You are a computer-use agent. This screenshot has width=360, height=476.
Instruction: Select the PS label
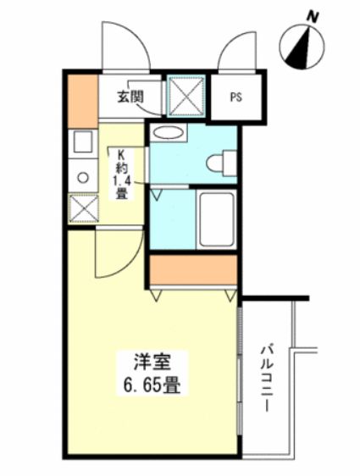[235, 97]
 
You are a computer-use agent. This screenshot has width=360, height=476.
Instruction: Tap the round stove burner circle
[83, 177]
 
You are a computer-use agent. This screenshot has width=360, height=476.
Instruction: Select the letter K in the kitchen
[121, 154]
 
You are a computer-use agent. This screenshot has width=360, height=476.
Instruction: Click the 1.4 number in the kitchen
[121, 180]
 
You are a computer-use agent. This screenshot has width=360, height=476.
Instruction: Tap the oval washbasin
[169, 133]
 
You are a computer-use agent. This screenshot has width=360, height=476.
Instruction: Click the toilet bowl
[222, 162]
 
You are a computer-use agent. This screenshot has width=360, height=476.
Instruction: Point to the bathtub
[217, 219]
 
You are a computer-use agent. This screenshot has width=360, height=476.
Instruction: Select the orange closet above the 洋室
[193, 271]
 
